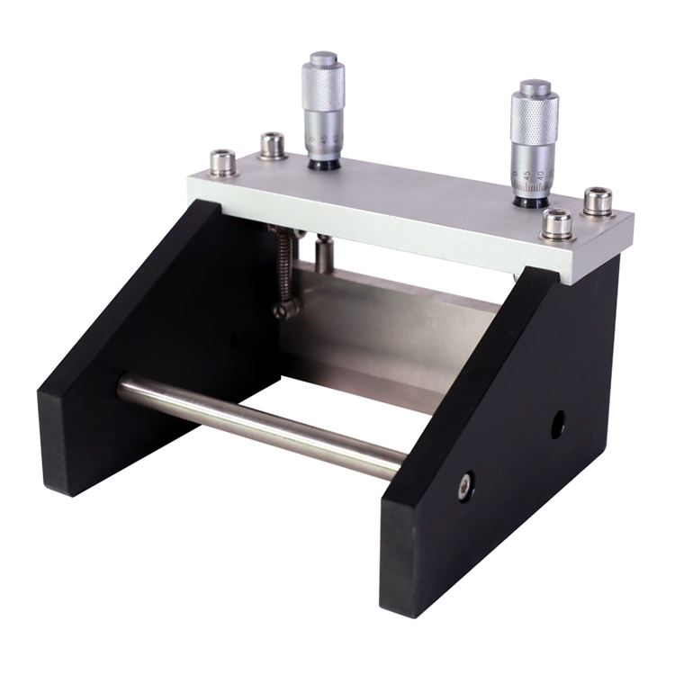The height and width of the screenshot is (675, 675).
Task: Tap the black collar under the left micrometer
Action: tap(321, 164)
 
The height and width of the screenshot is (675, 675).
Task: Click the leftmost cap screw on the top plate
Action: tap(223, 163)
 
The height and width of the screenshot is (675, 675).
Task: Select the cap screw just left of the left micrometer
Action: tap(272, 145)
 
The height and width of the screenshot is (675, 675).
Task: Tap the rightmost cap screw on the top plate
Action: tap(597, 201)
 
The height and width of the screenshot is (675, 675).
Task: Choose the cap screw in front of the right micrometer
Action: tap(557, 223)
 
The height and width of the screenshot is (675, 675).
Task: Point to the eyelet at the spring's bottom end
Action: tap(287, 309)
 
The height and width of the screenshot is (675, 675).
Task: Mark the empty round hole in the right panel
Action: tap(558, 424)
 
